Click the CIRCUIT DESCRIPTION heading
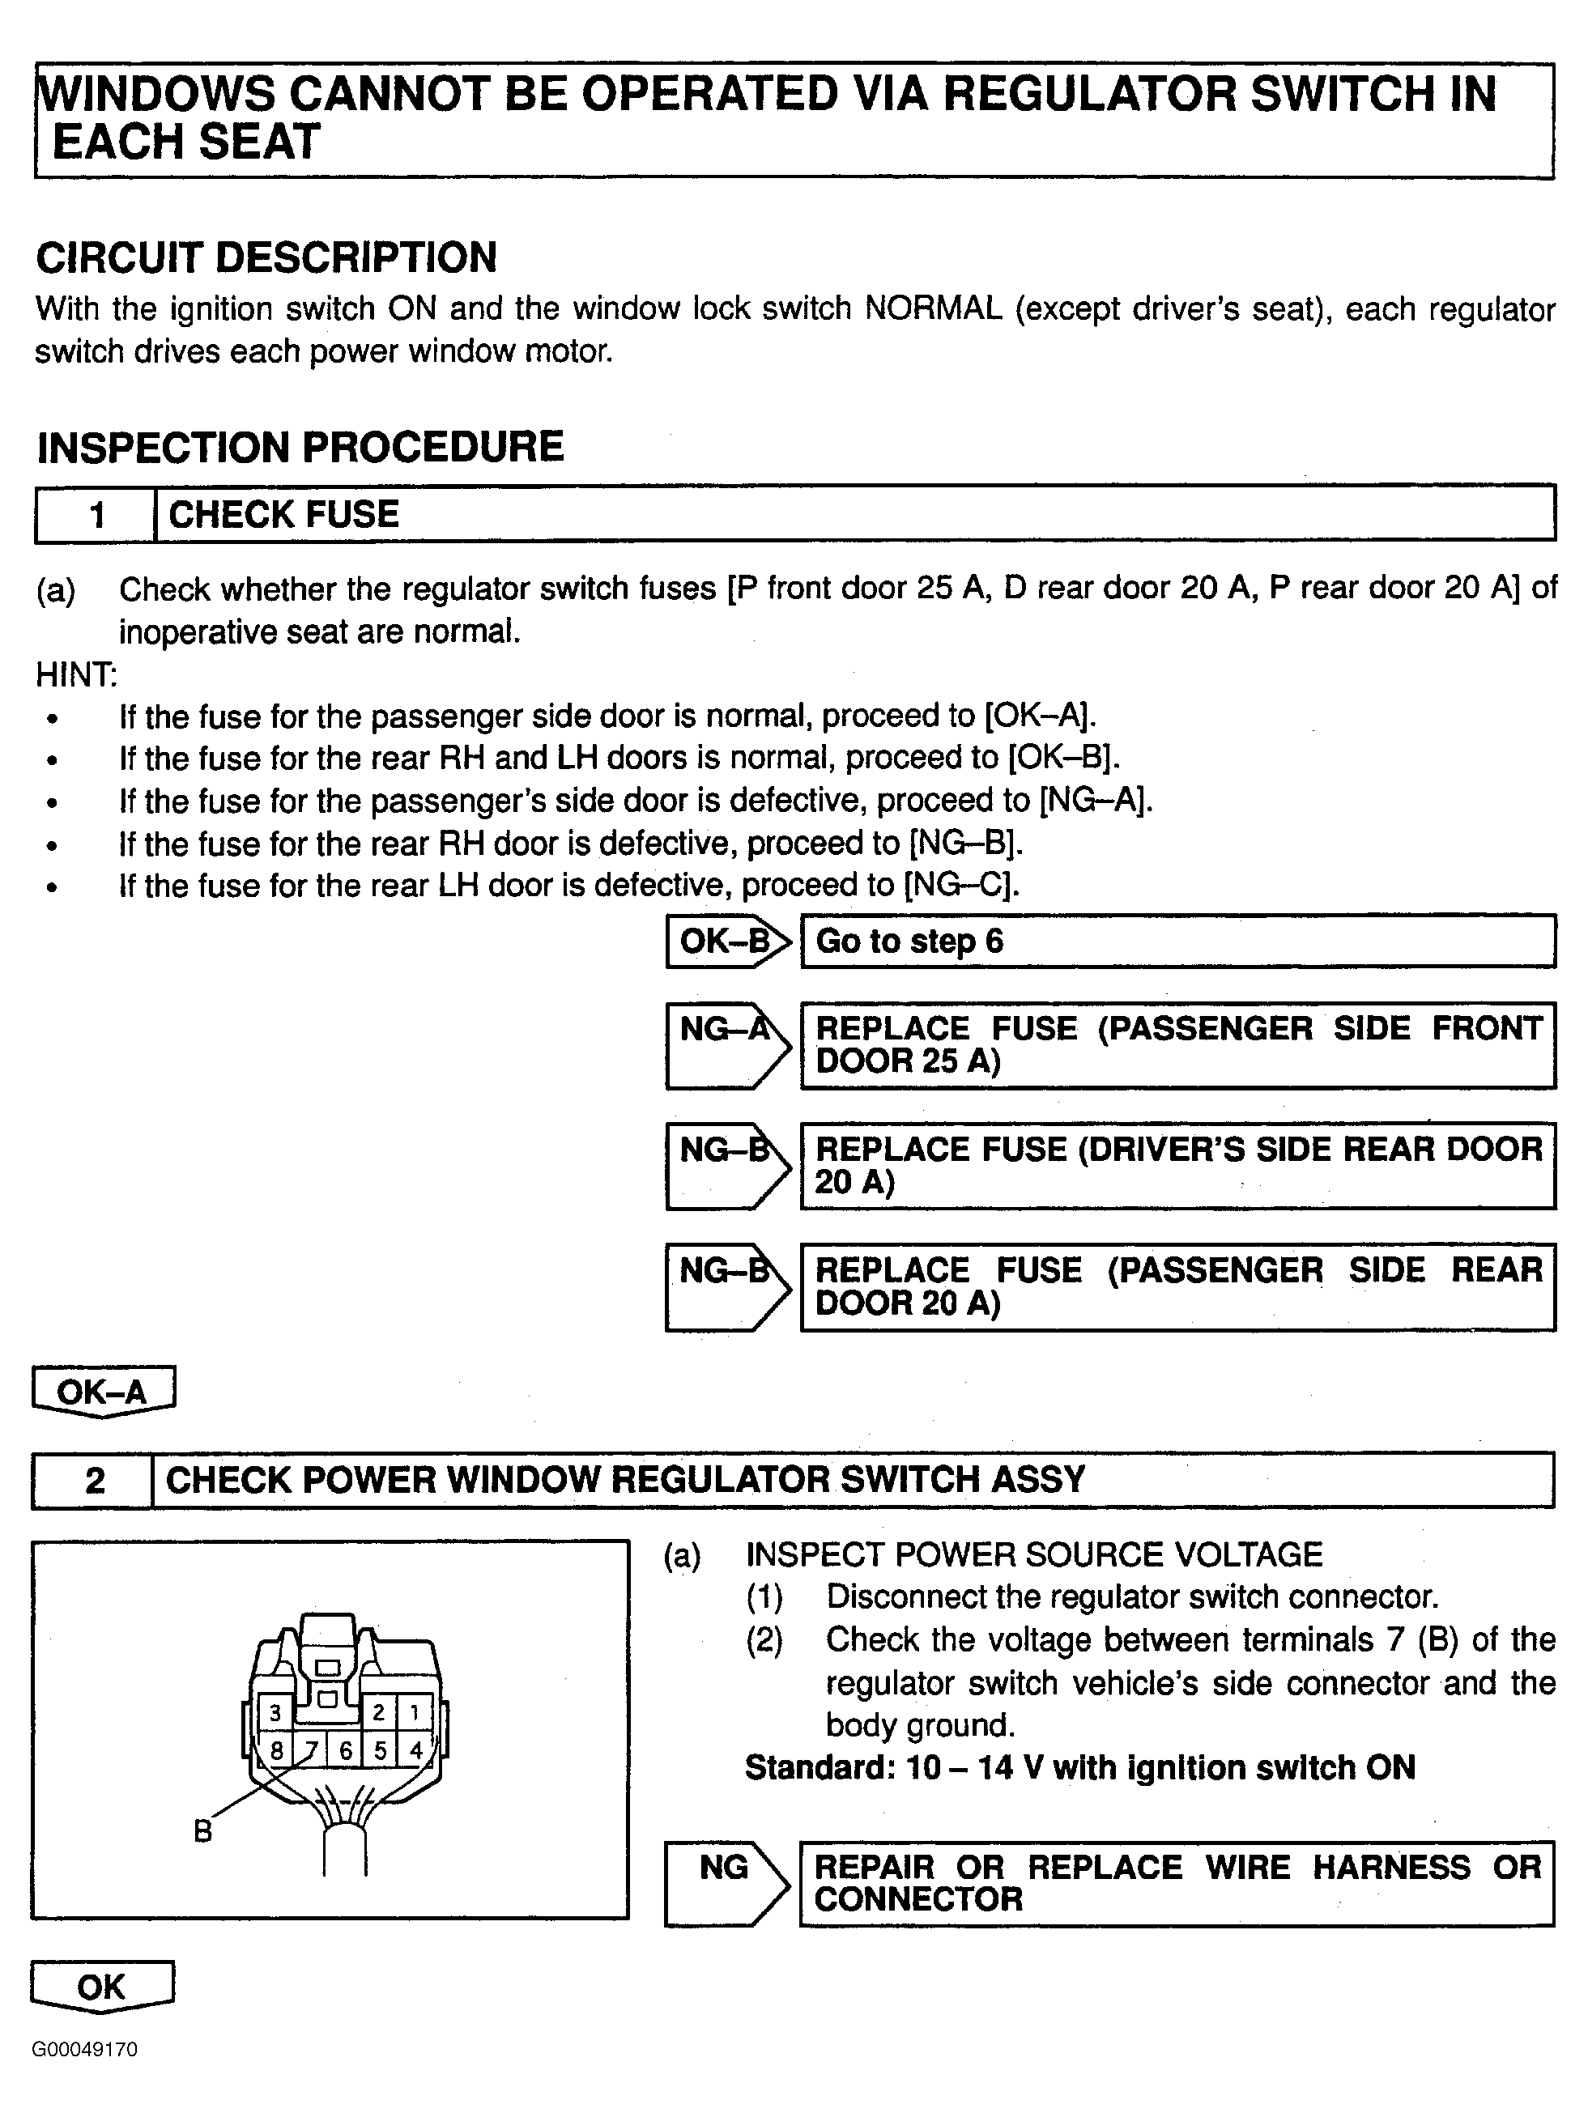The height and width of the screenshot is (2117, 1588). pos(266,257)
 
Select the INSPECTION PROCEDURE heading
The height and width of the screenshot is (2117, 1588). pos(300,447)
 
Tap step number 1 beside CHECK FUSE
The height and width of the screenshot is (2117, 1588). pos(96,515)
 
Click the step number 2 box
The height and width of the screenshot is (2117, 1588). pos(94,1481)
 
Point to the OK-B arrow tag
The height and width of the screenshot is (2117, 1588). pos(727,942)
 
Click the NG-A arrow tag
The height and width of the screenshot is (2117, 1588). pos(727,1045)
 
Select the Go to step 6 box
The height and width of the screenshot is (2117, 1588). pos(1177,942)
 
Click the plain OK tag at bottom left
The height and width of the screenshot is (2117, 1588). pos(101,1987)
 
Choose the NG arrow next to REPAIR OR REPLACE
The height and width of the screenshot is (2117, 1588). pos(726,1882)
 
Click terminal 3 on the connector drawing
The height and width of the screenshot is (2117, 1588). pos(275,1712)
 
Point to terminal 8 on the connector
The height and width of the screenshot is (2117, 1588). pos(275,1750)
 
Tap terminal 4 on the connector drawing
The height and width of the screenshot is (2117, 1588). pos(415,1750)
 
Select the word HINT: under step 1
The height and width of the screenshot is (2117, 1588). pos(77,674)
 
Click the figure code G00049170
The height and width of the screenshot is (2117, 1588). pos(84,2049)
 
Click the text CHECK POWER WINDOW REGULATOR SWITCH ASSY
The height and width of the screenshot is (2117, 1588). pos(626,1481)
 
